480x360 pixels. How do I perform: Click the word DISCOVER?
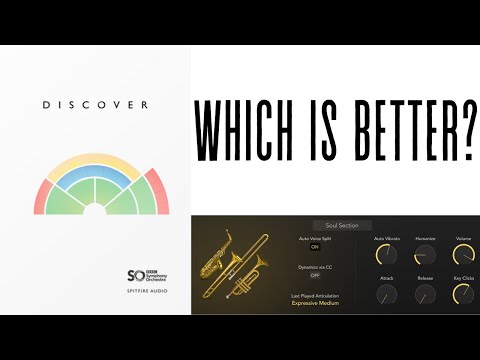point(96,104)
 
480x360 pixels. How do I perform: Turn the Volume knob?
point(463,256)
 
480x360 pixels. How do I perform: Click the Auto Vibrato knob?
point(386,256)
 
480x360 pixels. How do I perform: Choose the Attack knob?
point(386,295)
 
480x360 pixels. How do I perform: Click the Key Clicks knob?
point(463,295)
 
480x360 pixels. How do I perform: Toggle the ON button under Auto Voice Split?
point(314,247)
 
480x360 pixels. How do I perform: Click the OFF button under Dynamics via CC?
point(314,276)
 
